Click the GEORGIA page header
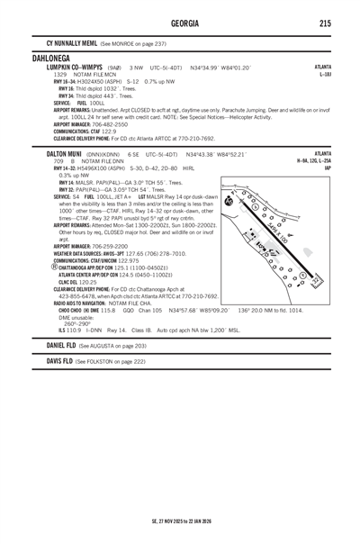180,23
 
